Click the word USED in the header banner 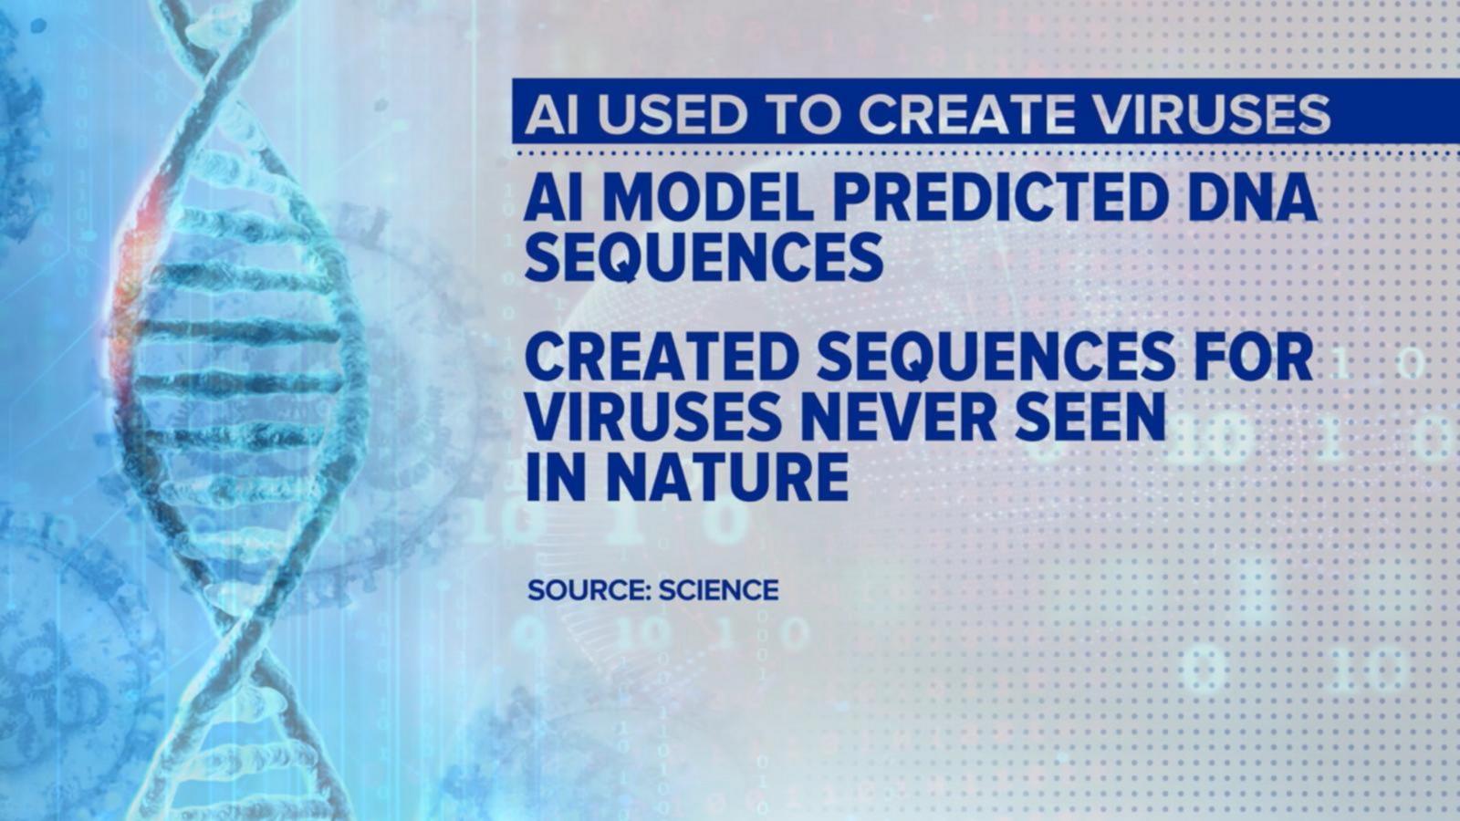coord(670,115)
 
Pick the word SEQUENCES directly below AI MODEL coord(704,259)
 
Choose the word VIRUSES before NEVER coord(653,417)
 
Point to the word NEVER coord(898,417)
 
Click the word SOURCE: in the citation coord(589,590)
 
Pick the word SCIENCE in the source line coord(719,590)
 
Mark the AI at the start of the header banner coord(551,115)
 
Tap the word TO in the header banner coord(803,115)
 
